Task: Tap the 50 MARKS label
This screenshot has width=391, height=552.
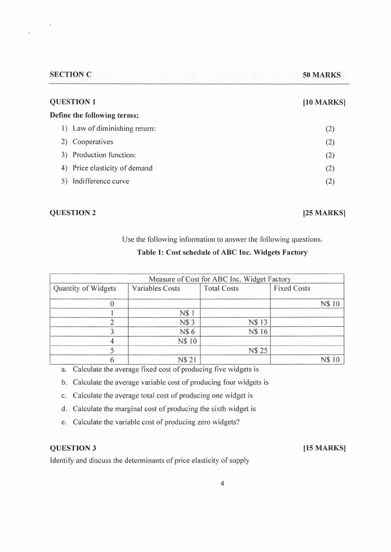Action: [x=322, y=75]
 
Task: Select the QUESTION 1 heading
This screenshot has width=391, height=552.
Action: [x=73, y=102]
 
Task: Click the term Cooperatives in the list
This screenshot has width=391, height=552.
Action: [x=93, y=142]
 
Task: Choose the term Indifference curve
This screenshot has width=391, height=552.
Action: [x=100, y=181]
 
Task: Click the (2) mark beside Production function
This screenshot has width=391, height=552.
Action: [x=330, y=155]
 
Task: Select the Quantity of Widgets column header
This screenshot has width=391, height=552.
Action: [x=85, y=288]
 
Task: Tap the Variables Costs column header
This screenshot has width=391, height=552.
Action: [x=156, y=288]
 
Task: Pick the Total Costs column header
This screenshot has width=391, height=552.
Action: [x=221, y=288]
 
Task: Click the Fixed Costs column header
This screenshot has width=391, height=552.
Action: [x=292, y=288]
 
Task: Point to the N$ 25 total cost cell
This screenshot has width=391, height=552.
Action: [x=258, y=350]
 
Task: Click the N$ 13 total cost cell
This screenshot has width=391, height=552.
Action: [x=258, y=322]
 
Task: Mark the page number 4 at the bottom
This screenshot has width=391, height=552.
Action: [x=222, y=483]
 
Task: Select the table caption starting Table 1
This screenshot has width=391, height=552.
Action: [x=222, y=252]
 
